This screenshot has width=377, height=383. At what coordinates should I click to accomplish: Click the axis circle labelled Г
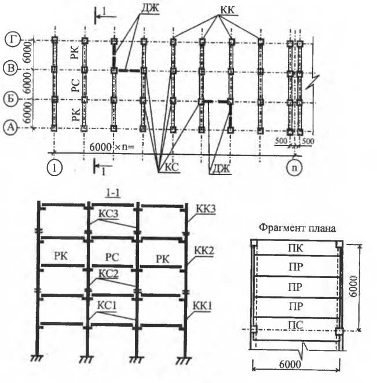12,39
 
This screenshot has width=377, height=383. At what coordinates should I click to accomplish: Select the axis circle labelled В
12,69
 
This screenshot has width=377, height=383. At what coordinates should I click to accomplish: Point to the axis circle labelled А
12,129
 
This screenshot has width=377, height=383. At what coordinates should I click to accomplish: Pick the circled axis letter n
294,168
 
